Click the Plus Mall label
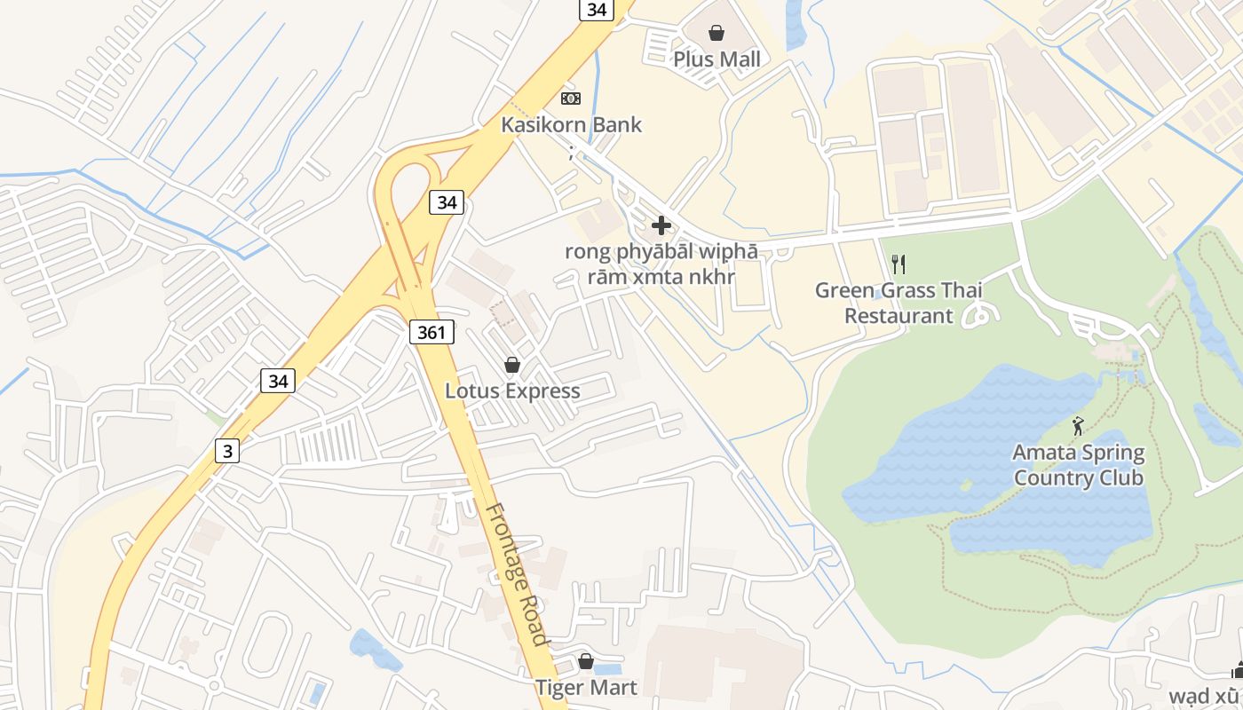pyautogui.click(x=717, y=59)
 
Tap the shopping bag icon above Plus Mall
pyautogui.click(x=717, y=34)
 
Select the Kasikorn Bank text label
pyautogui.click(x=571, y=124)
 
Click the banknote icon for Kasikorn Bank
pyautogui.click(x=571, y=98)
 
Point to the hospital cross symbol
pyautogui.click(x=661, y=225)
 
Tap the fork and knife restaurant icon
pyautogui.click(x=899, y=264)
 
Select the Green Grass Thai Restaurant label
pyautogui.click(x=899, y=303)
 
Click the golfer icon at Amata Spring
pyautogui.click(x=1078, y=427)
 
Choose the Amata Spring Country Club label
pyautogui.click(x=1078, y=466)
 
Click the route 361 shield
pyautogui.click(x=431, y=333)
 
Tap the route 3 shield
pyautogui.click(x=227, y=452)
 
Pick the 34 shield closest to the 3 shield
pyautogui.click(x=278, y=382)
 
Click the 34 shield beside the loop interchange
pyautogui.click(x=447, y=202)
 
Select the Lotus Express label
pyautogui.click(x=512, y=391)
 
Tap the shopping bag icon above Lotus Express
pyautogui.click(x=511, y=365)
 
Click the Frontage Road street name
pyautogui.click(x=515, y=574)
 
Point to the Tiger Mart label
pyautogui.click(x=585, y=688)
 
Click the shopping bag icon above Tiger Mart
pyautogui.click(x=585, y=661)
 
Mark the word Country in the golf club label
pyautogui.click(x=1049, y=478)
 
